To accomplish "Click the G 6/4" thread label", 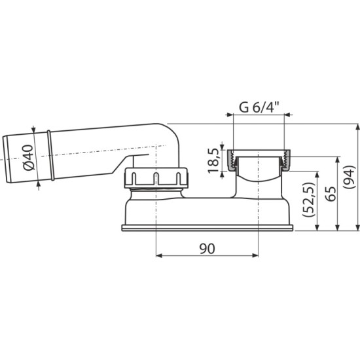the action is click(259, 107).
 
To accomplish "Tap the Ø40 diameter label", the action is click(29, 158).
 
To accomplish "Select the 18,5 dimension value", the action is click(213, 160).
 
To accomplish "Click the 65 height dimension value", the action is click(331, 194).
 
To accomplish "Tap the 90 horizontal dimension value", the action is click(207, 249).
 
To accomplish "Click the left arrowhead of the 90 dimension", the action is click(159, 255).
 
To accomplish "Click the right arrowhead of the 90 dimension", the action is click(255, 255).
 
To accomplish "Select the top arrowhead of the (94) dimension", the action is click(357, 127).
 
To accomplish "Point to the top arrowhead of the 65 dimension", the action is click(337, 160).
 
